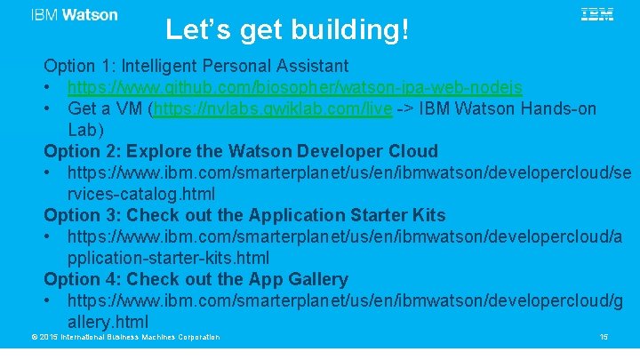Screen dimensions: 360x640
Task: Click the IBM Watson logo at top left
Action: [x=74, y=15]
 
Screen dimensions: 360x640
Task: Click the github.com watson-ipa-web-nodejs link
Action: [x=294, y=87]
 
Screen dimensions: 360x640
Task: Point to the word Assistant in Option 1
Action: [x=308, y=66]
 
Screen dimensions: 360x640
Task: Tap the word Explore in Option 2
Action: [x=159, y=150]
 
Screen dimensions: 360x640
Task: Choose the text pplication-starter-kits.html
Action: [x=168, y=258]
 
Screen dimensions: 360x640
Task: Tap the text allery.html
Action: [x=108, y=322]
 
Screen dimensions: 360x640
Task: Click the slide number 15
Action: [x=604, y=337]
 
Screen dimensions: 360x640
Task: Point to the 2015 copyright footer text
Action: [x=125, y=337]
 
